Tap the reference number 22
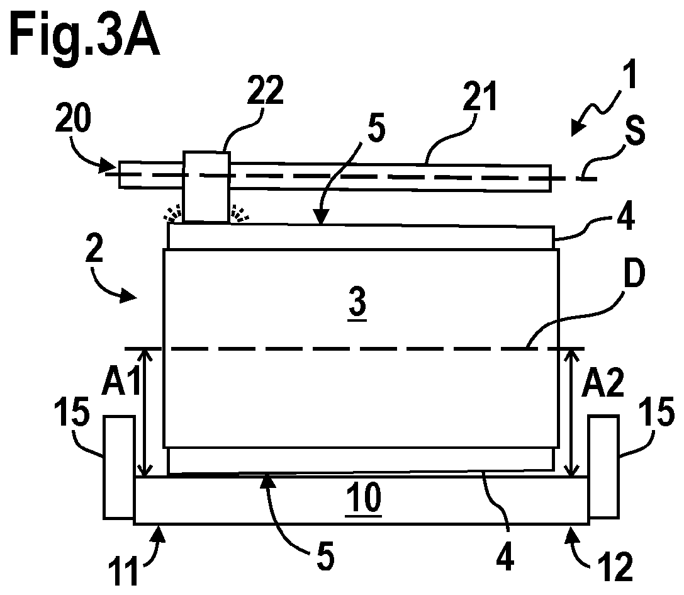[x=265, y=91]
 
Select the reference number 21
[x=479, y=96]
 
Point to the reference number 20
[x=73, y=118]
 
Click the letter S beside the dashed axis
[x=635, y=130]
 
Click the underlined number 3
[x=357, y=303]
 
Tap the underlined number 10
[x=363, y=499]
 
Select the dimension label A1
[x=121, y=380]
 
